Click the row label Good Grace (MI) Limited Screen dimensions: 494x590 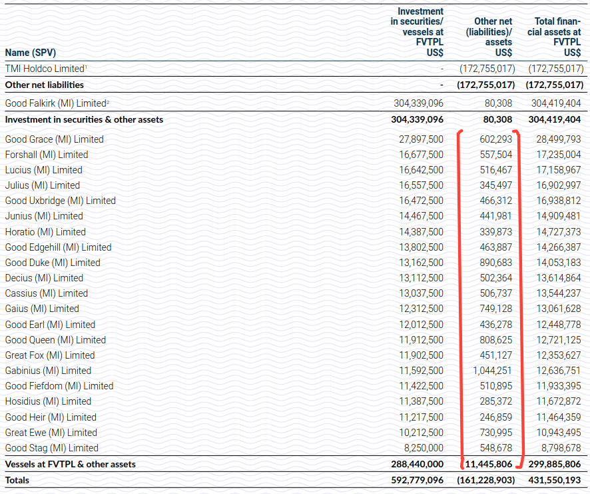(54, 139)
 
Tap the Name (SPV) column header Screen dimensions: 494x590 (30, 51)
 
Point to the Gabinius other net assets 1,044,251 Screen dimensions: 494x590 (489, 371)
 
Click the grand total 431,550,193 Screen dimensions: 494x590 (555, 480)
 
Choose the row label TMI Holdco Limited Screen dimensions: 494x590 (45, 68)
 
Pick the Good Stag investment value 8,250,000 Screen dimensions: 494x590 (422, 448)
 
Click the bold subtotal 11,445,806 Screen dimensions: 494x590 (486, 464)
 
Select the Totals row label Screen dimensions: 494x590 (17, 480)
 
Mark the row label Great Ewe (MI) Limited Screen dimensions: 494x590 (51, 433)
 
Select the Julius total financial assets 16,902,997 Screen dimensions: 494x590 (555, 185)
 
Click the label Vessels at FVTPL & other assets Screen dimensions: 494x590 (70, 464)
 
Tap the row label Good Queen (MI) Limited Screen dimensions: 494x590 (55, 340)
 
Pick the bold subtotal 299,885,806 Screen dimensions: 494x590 (555, 464)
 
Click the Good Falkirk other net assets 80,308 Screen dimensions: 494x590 (498, 103)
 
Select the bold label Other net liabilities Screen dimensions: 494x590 (44, 85)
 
